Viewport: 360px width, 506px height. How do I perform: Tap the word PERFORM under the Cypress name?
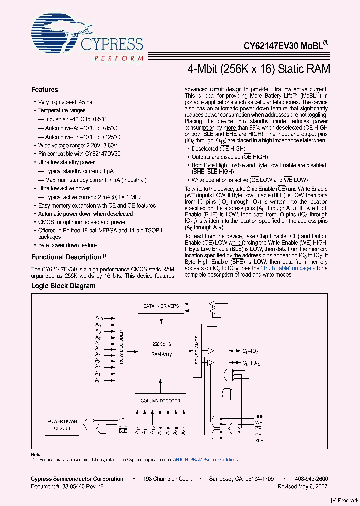point(119,59)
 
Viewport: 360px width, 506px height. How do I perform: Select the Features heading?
point(45,90)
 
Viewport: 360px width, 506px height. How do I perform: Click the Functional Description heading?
point(66,257)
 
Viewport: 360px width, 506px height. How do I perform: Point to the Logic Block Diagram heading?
point(63,286)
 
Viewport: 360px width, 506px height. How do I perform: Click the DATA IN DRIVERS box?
point(161,306)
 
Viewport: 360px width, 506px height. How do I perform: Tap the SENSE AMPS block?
point(197,350)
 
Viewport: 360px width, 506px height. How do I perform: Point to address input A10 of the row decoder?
point(99,318)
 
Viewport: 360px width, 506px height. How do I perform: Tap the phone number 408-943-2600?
point(312,479)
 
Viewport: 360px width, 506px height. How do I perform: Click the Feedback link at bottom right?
point(344,500)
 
